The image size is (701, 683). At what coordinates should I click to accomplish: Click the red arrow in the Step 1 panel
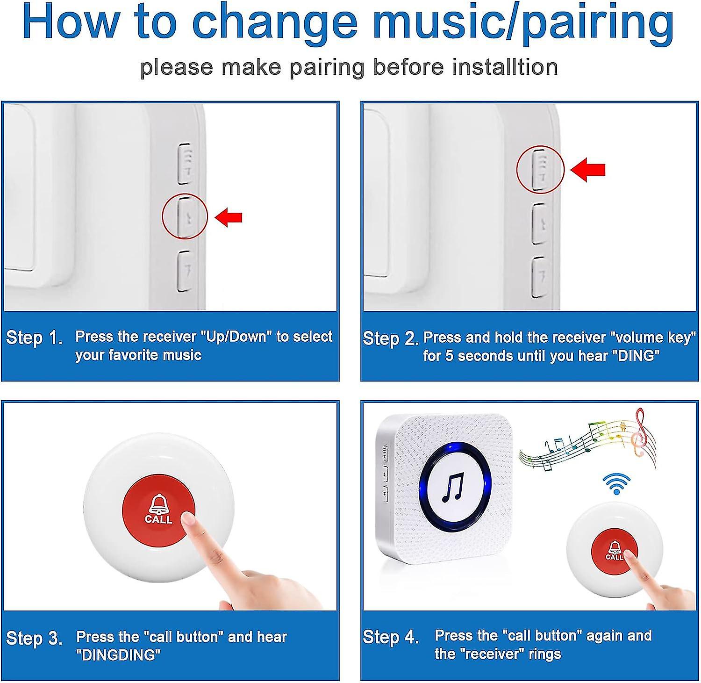click(x=229, y=217)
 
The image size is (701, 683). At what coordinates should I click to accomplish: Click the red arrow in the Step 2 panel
click(x=588, y=169)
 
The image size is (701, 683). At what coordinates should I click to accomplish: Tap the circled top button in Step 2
click(x=540, y=169)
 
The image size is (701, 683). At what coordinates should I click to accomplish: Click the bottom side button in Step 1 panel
click(x=185, y=271)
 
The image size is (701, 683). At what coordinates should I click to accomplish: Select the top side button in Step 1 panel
click(x=185, y=163)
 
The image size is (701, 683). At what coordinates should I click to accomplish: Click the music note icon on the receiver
click(x=454, y=488)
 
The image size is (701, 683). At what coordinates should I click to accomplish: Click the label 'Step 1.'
click(x=35, y=338)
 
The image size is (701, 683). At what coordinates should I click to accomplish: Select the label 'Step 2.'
click(x=391, y=338)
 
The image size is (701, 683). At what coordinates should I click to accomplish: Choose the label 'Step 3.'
click(x=35, y=638)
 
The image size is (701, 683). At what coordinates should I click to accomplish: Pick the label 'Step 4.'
click(x=391, y=637)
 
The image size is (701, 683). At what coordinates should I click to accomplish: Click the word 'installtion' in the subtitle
click(x=505, y=67)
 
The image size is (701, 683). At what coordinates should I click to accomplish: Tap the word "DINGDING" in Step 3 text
click(x=118, y=655)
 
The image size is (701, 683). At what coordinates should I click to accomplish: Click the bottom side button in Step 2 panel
click(x=540, y=277)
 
